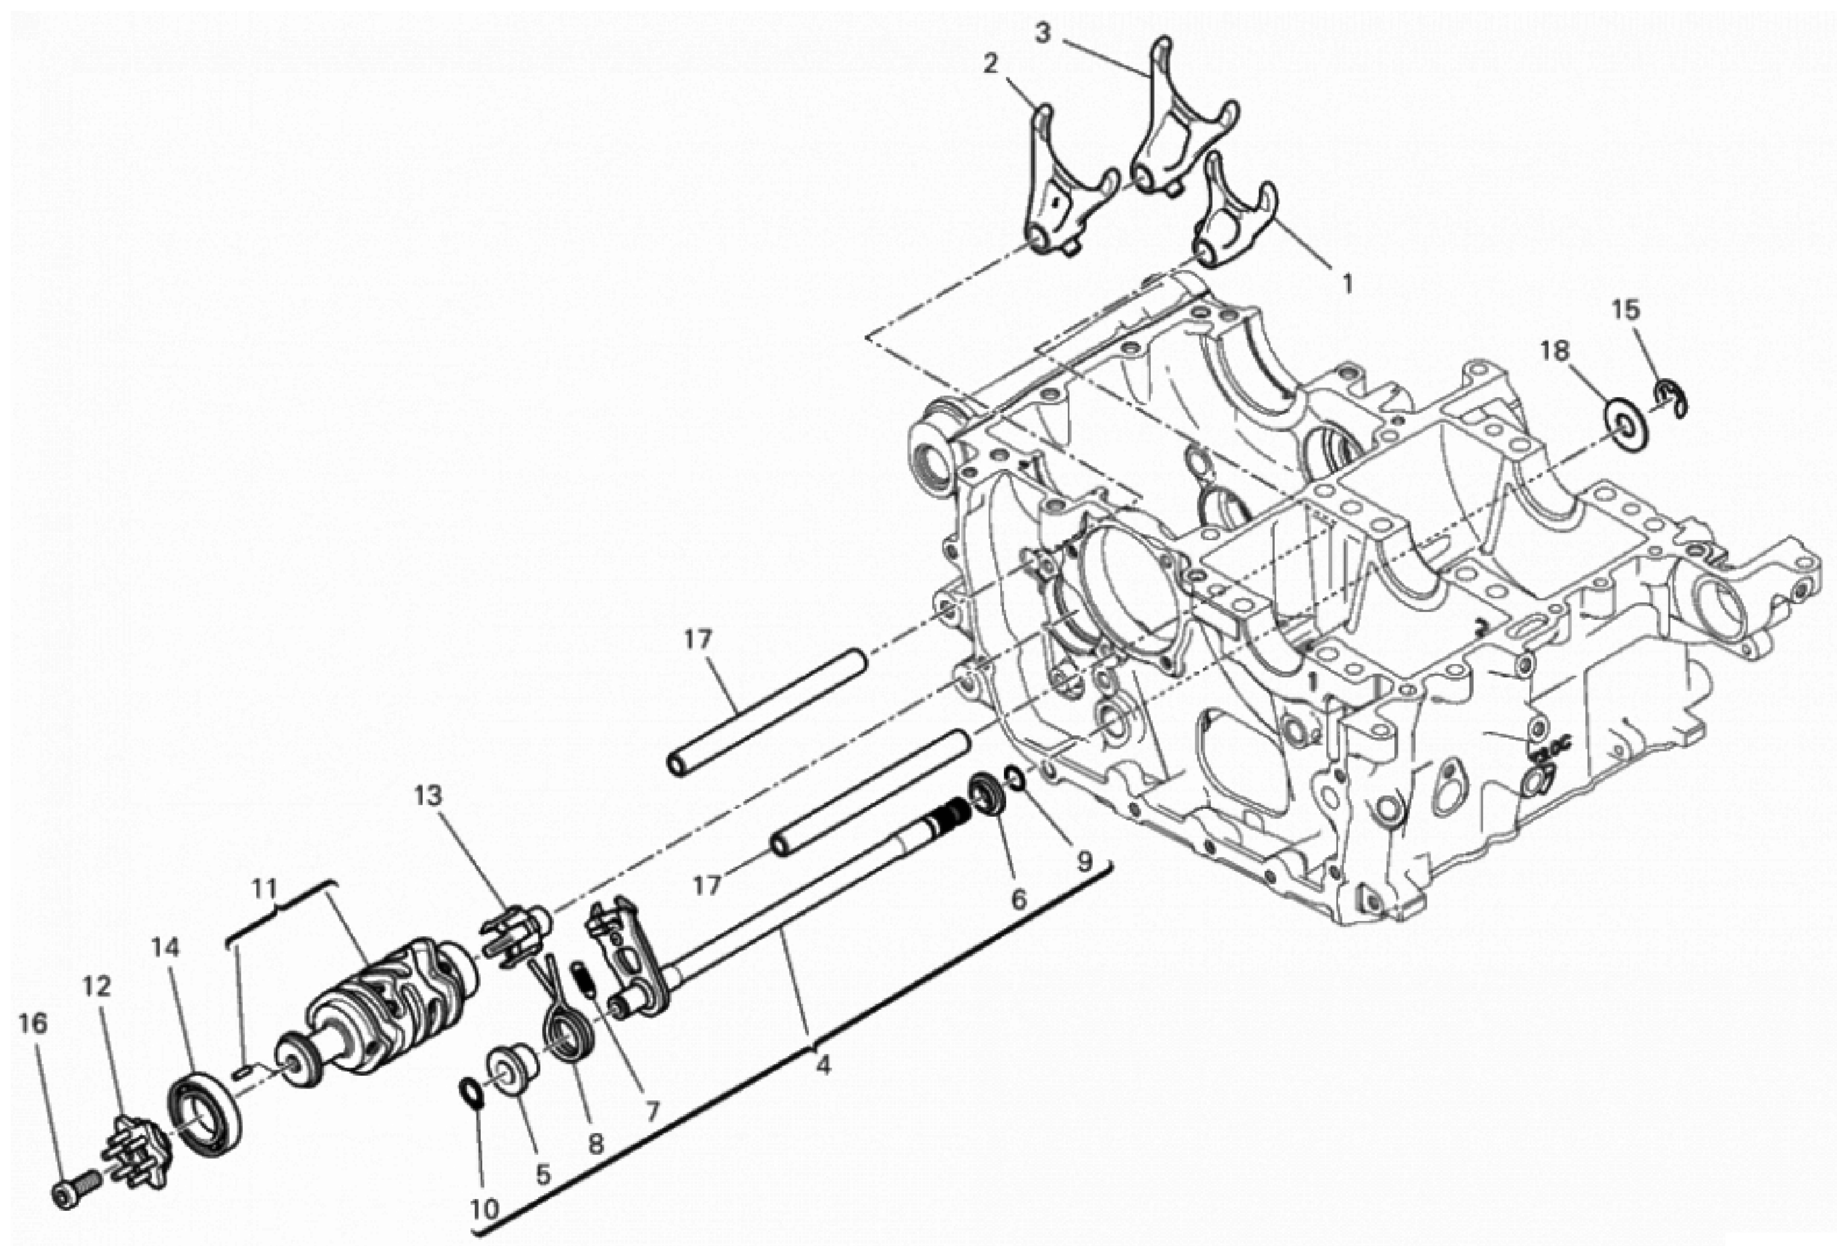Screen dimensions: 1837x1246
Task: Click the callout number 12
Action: click(96, 987)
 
